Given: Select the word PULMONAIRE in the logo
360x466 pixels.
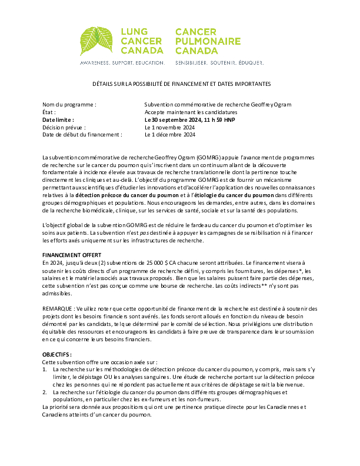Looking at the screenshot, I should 208,41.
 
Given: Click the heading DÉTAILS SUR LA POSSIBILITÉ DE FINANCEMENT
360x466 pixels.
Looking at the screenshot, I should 181,85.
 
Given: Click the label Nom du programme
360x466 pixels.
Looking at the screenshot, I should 69,104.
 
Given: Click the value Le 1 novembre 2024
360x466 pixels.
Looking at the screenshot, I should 169,127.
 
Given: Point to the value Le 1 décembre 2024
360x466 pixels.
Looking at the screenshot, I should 170,134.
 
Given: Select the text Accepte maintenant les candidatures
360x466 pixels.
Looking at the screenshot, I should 191,112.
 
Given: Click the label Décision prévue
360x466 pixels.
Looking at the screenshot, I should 64,127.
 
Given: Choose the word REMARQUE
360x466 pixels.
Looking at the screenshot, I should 58,308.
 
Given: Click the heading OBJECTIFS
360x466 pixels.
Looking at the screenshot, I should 57,354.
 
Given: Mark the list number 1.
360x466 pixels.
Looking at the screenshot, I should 45,369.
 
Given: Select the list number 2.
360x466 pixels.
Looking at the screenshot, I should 45,391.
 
